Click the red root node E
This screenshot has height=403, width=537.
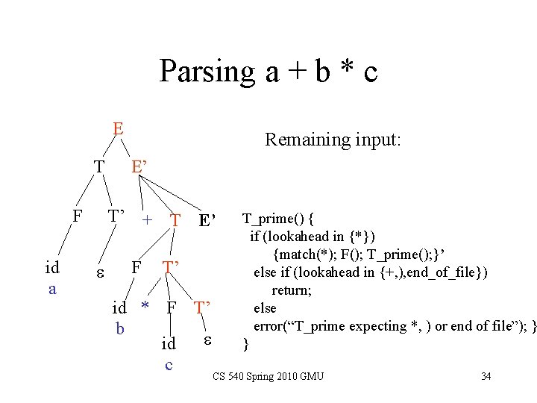[118, 128]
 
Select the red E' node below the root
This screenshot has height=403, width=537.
[139, 166]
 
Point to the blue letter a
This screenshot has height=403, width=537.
[51, 287]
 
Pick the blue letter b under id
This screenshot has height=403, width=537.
[119, 327]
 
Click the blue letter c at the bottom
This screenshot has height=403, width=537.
[169, 364]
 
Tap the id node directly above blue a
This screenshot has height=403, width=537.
[52, 268]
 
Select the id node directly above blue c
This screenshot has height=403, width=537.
[169, 344]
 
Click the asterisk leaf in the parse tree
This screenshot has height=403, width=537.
[146, 307]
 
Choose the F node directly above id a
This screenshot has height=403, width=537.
[76, 217]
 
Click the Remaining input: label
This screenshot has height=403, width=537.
[333, 139]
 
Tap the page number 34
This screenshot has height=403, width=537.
[486, 375]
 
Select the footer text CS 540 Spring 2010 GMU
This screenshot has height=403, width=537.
[268, 375]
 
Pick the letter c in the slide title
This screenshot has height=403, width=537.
[369, 72]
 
